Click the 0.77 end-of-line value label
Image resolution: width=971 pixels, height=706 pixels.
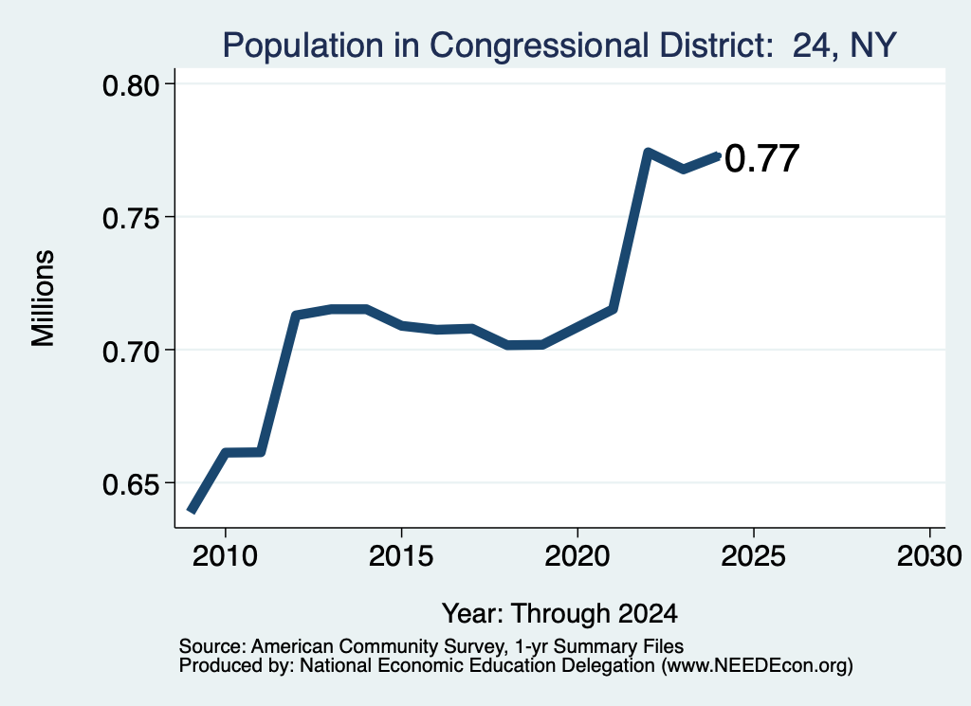761,158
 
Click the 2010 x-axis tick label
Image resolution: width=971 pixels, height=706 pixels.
225,555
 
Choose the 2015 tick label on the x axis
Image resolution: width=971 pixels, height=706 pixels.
401,555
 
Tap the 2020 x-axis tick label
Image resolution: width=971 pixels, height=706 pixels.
577,555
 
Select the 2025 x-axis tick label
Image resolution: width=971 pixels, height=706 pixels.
753,555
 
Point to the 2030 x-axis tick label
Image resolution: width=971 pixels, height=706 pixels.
929,555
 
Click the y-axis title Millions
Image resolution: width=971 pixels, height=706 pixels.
44,299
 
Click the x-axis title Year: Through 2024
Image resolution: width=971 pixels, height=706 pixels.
559,614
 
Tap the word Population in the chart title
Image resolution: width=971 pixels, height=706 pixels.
302,45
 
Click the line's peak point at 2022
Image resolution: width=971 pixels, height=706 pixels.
648,153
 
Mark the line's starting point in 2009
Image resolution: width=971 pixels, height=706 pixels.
192,511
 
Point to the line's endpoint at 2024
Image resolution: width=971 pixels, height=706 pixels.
718,155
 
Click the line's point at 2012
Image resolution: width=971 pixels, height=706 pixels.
296,316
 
